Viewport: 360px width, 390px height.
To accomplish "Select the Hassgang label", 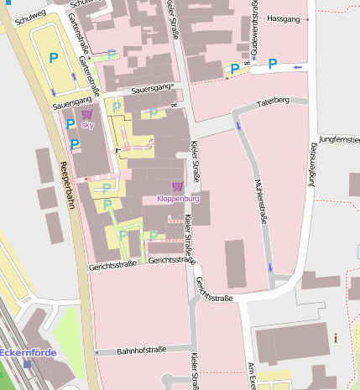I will point(282,18).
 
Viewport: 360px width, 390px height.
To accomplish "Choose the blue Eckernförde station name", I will point(29,352).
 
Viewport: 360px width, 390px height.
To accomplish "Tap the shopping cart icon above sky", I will point(87,114).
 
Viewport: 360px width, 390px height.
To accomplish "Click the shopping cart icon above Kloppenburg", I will point(177,186).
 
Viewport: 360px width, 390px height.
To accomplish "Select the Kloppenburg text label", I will point(178,200).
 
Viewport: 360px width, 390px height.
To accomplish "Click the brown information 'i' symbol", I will point(336,338).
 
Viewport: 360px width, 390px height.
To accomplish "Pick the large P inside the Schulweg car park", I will point(53,58).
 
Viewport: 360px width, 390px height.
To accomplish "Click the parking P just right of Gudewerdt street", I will point(272,63).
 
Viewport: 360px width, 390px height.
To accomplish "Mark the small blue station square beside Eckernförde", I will point(28,363).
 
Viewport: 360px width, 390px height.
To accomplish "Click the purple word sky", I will point(87,125).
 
